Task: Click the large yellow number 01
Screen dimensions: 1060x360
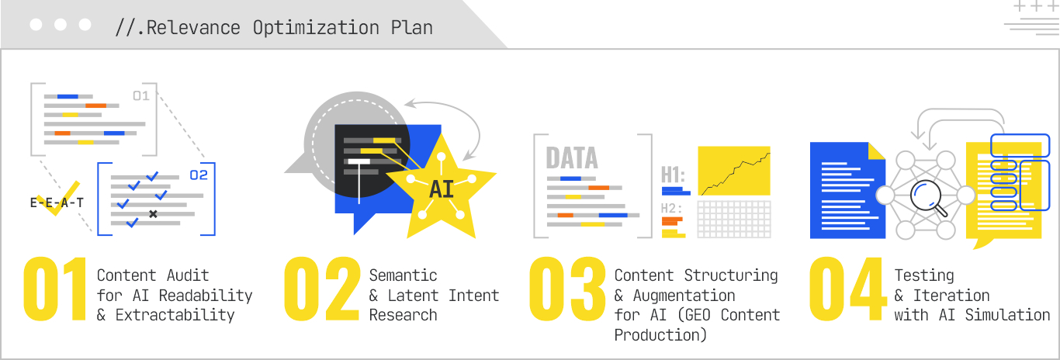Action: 55,289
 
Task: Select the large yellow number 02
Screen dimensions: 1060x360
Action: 322,289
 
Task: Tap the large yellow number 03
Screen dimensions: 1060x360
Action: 567,289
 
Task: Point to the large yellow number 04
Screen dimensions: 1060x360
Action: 848,289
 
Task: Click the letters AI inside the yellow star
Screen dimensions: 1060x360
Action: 442,189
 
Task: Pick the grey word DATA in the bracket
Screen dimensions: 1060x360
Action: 572,157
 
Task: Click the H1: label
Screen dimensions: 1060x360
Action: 673,175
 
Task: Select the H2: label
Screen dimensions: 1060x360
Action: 671,208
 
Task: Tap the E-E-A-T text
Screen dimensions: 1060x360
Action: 57,203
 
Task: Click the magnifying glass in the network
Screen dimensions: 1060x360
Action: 928,197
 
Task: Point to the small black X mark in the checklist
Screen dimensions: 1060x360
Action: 153,214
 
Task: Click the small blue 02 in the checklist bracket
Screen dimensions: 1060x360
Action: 199,175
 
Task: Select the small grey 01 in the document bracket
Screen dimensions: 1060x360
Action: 141,96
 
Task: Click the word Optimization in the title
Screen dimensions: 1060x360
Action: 316,28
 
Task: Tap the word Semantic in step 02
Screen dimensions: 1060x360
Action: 404,275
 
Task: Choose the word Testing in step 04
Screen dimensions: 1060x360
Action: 924,275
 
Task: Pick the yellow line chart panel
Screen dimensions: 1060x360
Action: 734,171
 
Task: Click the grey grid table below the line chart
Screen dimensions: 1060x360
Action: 734,219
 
